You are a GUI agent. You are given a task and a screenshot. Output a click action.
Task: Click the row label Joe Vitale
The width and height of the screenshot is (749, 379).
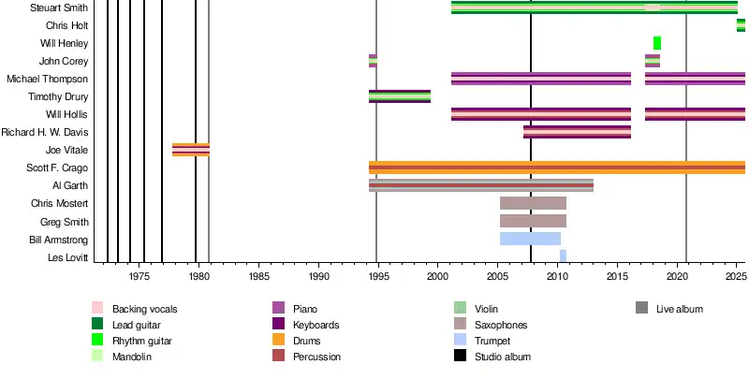tap(66, 150)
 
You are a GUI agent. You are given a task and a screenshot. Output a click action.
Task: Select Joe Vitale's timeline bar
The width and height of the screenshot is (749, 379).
tap(191, 150)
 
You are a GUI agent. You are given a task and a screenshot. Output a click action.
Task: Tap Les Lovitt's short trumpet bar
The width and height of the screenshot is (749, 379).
tap(563, 256)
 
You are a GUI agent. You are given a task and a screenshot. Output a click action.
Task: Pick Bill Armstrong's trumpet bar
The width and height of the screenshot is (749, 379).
tap(530, 239)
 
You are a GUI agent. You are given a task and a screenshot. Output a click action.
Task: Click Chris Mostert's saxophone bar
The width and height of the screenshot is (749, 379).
tap(533, 203)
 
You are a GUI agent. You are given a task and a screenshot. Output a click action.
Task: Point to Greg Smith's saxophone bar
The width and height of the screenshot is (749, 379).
tap(533, 221)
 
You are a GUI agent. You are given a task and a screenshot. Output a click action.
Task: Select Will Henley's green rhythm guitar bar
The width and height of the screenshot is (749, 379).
tap(657, 43)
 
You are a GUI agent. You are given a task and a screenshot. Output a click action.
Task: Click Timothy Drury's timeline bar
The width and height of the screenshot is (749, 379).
tap(400, 96)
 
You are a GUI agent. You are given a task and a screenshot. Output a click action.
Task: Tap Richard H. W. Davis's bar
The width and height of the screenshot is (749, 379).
tap(577, 132)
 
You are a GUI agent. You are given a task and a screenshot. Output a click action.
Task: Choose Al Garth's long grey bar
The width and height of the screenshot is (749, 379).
tap(481, 185)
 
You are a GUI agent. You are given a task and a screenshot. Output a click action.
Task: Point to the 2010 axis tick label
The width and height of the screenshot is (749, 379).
tap(558, 277)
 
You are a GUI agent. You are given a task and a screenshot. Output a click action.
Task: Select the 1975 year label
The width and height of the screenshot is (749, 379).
tap(140, 277)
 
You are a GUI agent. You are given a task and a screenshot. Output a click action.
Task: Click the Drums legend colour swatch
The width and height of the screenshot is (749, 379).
tap(278, 341)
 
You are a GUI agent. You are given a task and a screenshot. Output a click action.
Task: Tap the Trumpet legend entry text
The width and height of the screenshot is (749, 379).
tap(492, 341)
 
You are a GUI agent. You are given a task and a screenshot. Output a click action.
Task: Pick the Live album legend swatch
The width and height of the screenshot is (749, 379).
tap(641, 309)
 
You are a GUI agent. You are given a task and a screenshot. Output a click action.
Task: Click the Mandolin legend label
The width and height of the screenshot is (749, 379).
tap(132, 357)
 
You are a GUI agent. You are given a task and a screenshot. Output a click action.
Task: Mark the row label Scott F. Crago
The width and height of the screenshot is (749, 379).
tap(57, 168)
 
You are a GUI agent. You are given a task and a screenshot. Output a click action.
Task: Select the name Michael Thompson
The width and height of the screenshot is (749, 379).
tap(48, 79)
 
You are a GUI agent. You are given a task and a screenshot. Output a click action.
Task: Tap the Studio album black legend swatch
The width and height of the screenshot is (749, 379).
tap(460, 357)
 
